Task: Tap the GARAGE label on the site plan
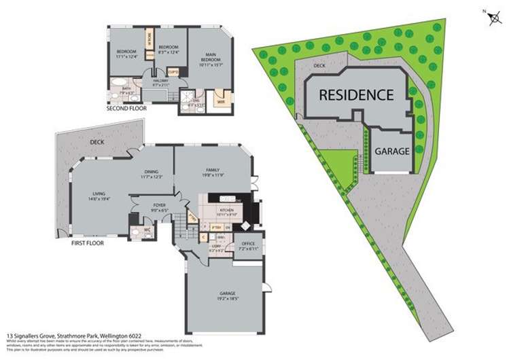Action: pyautogui.click(x=392, y=151)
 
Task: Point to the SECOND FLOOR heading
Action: pyautogui.click(x=127, y=108)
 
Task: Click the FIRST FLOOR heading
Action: pyautogui.click(x=87, y=242)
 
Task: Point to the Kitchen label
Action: pyautogui.click(x=227, y=211)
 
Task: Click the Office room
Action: pyautogui.click(x=247, y=246)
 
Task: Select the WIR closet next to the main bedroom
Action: pyautogui.click(x=220, y=101)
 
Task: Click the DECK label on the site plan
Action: pyautogui.click(x=320, y=65)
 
